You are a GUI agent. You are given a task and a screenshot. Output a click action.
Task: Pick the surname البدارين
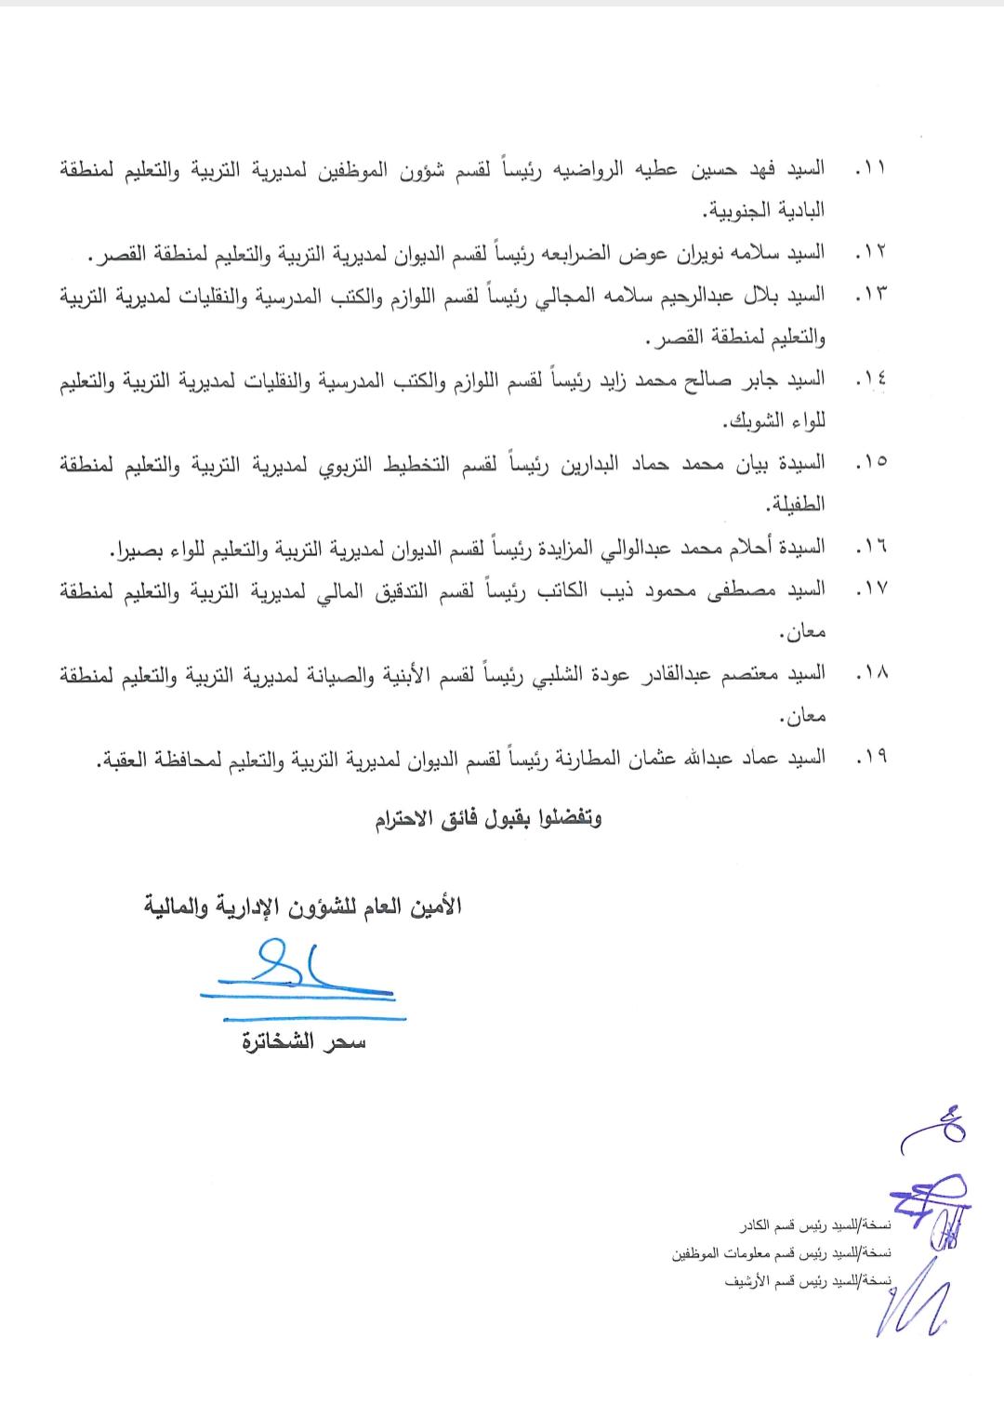click(x=571, y=462)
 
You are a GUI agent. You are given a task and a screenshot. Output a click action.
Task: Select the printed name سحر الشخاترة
click(x=303, y=1042)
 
